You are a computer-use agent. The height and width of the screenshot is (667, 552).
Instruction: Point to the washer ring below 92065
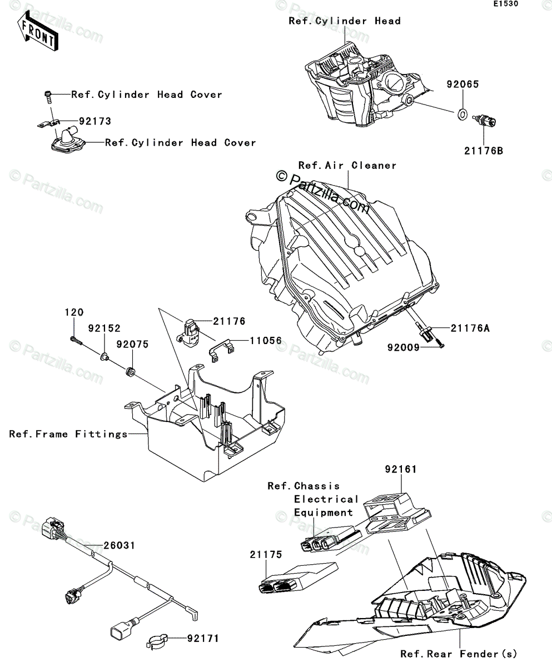[461, 115]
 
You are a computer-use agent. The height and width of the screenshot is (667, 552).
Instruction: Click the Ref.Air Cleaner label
[347, 165]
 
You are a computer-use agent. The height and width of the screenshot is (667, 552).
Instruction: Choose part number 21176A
[470, 328]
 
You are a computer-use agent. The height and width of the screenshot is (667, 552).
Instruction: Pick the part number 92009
[406, 347]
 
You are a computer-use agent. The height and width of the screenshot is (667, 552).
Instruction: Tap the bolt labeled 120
[76, 339]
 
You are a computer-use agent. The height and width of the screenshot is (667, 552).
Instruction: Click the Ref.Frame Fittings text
[68, 434]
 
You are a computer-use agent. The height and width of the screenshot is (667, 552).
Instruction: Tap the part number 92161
[400, 470]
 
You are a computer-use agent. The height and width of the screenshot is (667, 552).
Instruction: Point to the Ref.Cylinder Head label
[345, 21]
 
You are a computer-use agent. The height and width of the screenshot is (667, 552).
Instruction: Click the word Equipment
[324, 512]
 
